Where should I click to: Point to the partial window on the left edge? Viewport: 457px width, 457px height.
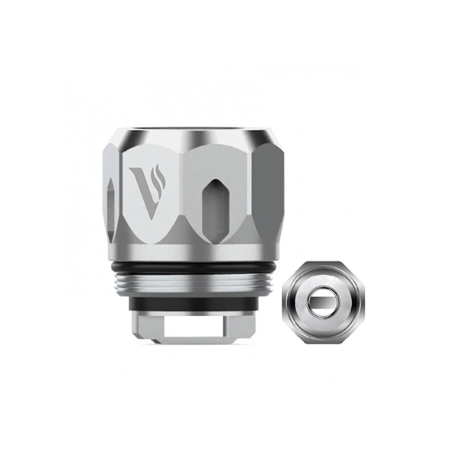(113, 205)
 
